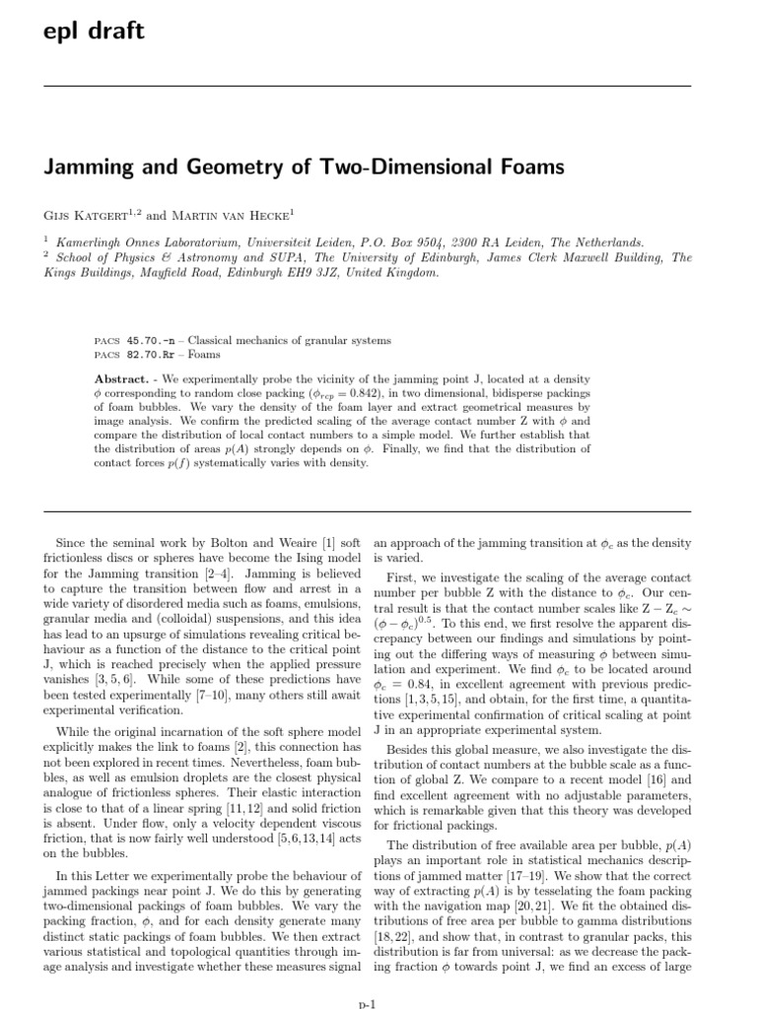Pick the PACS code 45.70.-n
click(x=149, y=340)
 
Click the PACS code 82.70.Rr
click(x=149, y=354)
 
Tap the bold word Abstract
click(x=120, y=378)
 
